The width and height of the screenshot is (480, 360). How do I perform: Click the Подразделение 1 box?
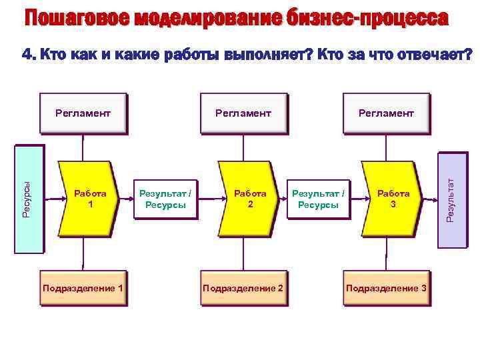tap(83, 288)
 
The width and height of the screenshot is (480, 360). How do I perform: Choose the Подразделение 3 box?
tap(386, 288)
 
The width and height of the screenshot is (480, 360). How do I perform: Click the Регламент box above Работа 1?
tap(83, 113)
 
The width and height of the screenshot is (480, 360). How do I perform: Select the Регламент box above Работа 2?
tap(243, 113)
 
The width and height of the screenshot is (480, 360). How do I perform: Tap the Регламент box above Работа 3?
tap(386, 113)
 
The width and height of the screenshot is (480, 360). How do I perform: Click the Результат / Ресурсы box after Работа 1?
tap(165, 198)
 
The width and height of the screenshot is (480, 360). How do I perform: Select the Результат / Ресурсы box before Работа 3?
tap(319, 198)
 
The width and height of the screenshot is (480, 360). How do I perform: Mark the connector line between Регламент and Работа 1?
tap(83, 147)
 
